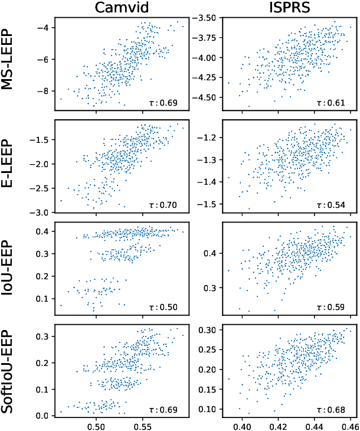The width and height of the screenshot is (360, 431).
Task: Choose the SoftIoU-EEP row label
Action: pos(9,370)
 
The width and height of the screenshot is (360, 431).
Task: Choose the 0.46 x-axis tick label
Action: pos(351,425)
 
